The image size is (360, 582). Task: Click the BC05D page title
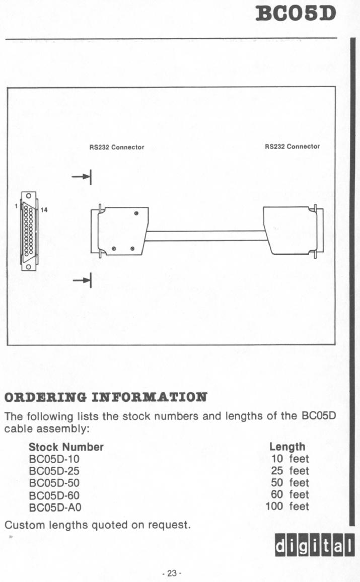pyautogui.click(x=296, y=14)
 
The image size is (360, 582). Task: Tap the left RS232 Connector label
pyautogui.click(x=116, y=148)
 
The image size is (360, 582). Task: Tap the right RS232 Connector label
pyautogui.click(x=292, y=147)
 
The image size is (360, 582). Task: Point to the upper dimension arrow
pyautogui.click(x=82, y=177)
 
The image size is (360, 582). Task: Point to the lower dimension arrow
pyautogui.click(x=82, y=280)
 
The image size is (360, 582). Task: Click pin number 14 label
pyautogui.click(x=44, y=210)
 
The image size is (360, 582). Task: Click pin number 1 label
pyautogui.click(x=16, y=205)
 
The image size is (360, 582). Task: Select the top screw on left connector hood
pyautogui.click(x=136, y=213)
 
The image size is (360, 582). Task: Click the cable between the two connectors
pyautogui.click(x=206, y=236)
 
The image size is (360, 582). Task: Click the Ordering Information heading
pyautogui.click(x=106, y=397)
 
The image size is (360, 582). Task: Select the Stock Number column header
pyautogui.click(x=66, y=447)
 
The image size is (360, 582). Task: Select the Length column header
pyautogui.click(x=287, y=447)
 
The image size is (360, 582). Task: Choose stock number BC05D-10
pyautogui.click(x=54, y=459)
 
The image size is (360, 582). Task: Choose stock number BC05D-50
pyautogui.click(x=54, y=483)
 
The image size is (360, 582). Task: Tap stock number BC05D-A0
pyautogui.click(x=55, y=507)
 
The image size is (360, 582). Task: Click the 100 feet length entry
pyautogui.click(x=287, y=506)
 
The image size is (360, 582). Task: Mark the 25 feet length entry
pyautogui.click(x=290, y=471)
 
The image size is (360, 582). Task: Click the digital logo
pyautogui.click(x=314, y=545)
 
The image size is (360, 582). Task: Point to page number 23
pyautogui.click(x=172, y=573)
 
